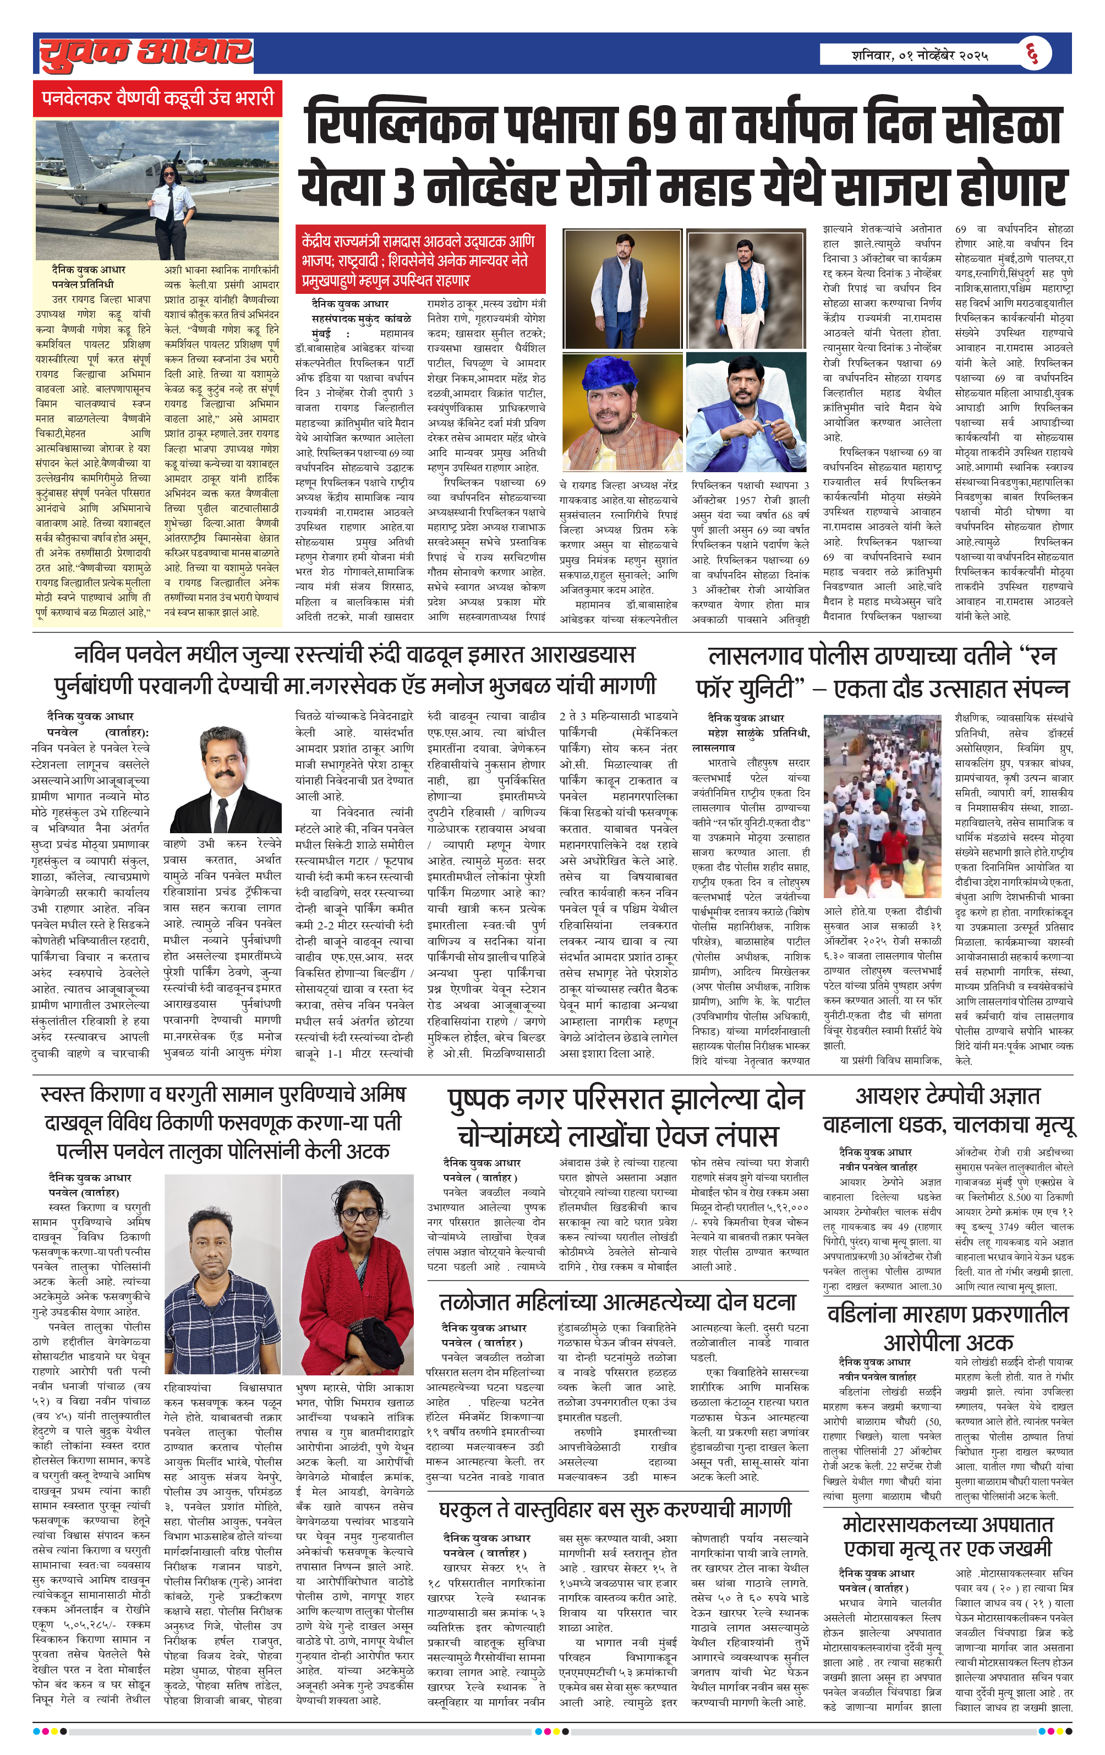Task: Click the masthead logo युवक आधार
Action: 146,54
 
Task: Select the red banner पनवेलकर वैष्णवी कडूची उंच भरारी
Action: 157,99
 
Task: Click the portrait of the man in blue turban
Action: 622,413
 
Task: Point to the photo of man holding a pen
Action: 746,413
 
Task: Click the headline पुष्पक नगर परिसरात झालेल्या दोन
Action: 625,1100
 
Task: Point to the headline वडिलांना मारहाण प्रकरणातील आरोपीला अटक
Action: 948,1328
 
